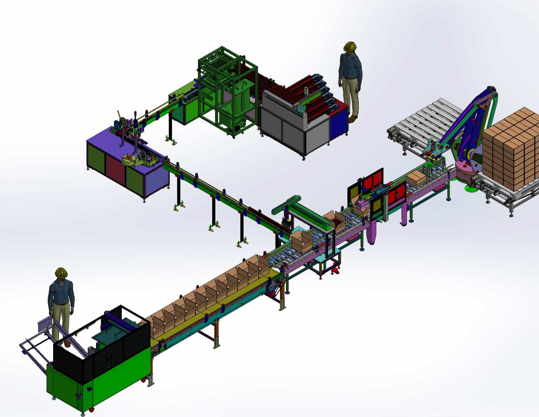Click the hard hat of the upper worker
tap(350, 47)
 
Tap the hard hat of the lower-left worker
tap(61, 272)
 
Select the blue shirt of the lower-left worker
tap(61, 292)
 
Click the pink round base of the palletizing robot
tap(465, 169)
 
